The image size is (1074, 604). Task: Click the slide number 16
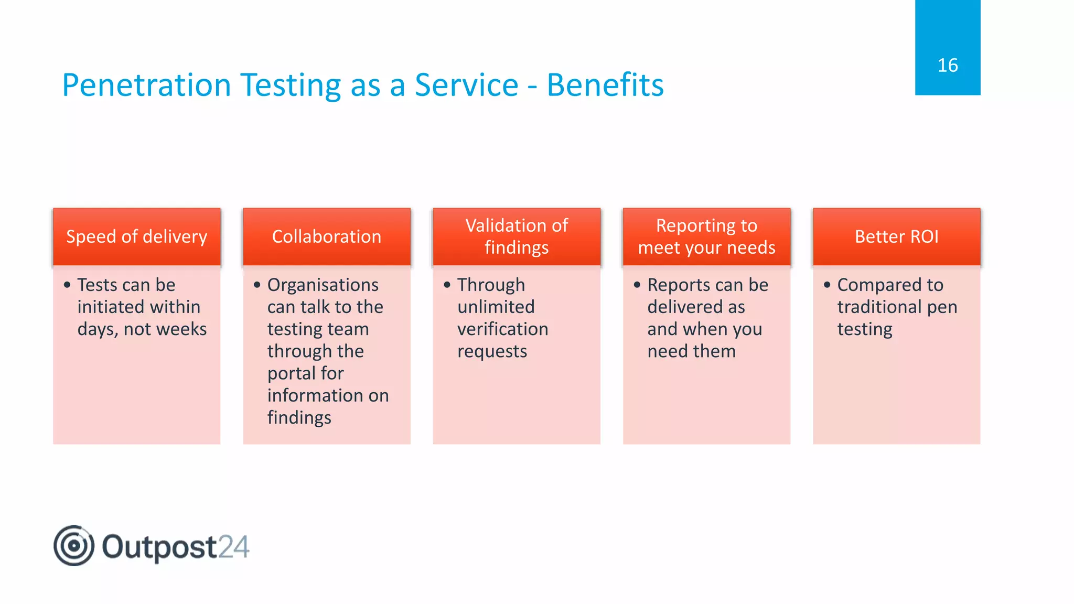[947, 66]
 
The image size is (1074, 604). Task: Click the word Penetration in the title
[146, 85]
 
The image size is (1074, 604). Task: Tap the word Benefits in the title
[605, 85]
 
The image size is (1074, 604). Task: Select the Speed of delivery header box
[136, 236]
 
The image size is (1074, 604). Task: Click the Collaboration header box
[326, 236]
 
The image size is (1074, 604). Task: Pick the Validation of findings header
[517, 236]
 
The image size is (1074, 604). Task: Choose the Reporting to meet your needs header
[706, 236]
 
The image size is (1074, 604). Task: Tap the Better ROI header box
[896, 236]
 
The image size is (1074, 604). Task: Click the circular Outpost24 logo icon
[74, 545]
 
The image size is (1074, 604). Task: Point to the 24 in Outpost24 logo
[233, 547]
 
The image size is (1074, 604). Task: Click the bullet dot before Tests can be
[67, 285]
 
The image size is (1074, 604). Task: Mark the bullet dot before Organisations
[257, 285]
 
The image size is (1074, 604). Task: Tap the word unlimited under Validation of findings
[496, 307]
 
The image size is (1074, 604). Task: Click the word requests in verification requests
[492, 351]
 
